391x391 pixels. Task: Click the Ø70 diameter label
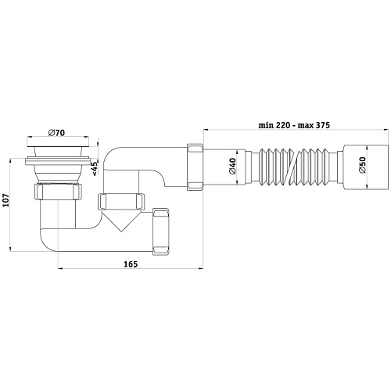[56, 133]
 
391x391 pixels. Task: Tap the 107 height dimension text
[6, 200]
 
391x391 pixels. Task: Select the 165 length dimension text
[131, 264]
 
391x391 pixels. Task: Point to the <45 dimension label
[95, 168]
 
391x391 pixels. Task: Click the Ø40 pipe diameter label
[232, 166]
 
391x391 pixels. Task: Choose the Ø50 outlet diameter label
[362, 165]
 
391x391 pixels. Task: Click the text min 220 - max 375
[294, 125]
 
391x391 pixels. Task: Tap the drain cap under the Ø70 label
[58, 142]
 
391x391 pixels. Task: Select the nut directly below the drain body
[58, 192]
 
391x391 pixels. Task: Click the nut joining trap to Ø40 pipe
[195, 167]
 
